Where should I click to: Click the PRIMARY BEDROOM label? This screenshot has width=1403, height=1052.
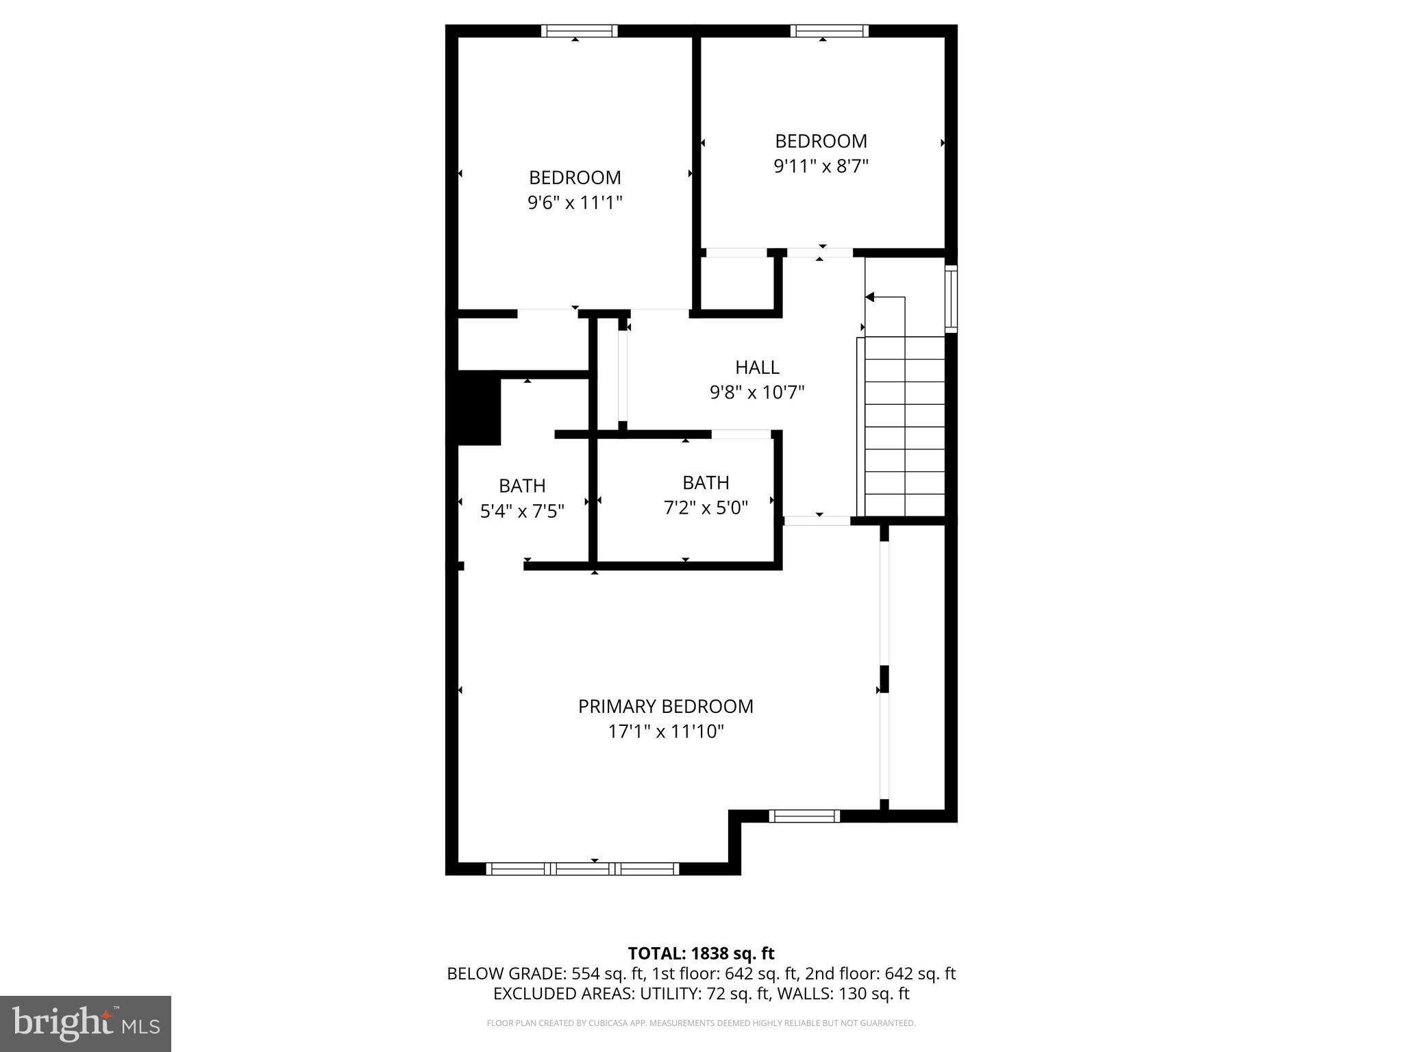point(665,706)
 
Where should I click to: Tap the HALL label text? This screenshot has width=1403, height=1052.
point(757,367)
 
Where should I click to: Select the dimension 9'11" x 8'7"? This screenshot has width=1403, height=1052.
point(821,166)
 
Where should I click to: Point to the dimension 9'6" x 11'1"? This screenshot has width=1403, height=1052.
point(575,203)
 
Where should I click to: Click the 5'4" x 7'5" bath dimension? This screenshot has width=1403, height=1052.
point(522,511)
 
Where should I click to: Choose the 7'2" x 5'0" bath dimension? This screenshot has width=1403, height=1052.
point(706,508)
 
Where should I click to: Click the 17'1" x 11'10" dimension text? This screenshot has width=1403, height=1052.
point(665,731)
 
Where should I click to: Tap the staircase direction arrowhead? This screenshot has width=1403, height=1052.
point(870,297)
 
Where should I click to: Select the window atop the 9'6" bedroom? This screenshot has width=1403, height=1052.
point(579,31)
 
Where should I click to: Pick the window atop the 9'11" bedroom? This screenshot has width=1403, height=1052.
point(829,31)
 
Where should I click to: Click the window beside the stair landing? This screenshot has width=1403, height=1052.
point(951,299)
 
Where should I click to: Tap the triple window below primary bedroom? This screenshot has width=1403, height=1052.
point(582,869)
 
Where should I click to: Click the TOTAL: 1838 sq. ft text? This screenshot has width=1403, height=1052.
point(701,953)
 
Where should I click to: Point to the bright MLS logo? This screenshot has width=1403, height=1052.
point(86,1023)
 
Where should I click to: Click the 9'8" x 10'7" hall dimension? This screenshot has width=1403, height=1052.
point(757,392)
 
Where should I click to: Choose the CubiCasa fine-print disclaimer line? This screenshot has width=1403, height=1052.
point(701,1023)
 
